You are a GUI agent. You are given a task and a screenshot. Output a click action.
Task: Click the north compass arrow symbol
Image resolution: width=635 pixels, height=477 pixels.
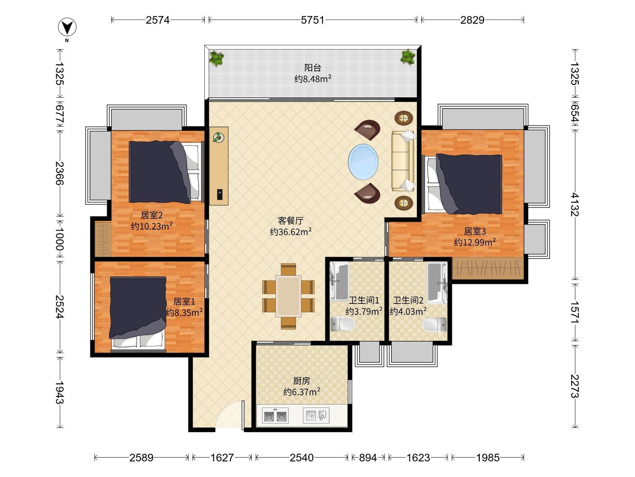coord(67,27)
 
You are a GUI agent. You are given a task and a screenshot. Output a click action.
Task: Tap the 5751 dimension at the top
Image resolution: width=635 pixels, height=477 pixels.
coord(313,20)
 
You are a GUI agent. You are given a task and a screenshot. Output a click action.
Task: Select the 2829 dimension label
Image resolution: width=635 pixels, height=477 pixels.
coord(472,20)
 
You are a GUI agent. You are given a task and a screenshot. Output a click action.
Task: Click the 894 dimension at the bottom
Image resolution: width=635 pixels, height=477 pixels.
coord(368,457)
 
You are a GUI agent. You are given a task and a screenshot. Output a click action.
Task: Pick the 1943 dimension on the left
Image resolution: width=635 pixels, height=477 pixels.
coord(60,392)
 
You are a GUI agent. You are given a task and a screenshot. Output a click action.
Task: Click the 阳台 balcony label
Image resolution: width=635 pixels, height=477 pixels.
coord(313,68)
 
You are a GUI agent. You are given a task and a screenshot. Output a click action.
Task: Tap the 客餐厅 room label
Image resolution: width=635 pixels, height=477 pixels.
coord(291,220)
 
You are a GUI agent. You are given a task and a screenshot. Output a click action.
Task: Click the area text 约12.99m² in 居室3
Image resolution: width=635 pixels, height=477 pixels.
coord(475,242)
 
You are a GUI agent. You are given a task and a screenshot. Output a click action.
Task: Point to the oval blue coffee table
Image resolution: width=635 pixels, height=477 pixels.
coord(363,162)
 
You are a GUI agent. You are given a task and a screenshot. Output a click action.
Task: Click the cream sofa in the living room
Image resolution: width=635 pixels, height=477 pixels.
coord(403,161)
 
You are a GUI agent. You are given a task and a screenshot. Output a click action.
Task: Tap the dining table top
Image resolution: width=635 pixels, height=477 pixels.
coord(288,296)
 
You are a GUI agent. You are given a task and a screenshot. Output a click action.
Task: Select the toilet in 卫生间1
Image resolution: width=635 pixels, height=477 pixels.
coord(342,324)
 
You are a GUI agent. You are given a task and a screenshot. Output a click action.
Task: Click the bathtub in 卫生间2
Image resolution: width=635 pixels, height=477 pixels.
coord(437,282)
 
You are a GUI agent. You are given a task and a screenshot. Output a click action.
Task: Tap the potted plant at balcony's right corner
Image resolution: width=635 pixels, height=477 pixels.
coord(408,57)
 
